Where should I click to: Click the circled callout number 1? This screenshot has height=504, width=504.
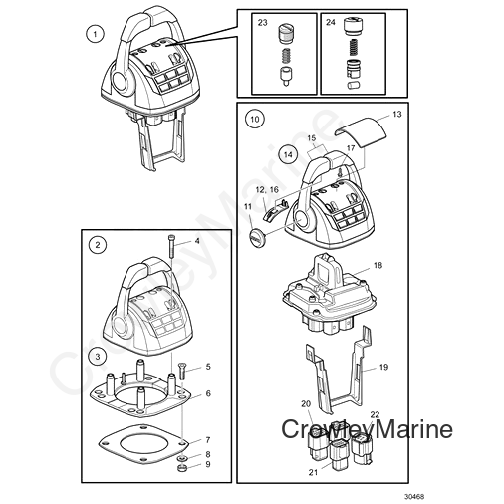(95, 34)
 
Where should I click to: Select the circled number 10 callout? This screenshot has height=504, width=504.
(254, 119)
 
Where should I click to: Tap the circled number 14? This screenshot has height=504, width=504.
(288, 154)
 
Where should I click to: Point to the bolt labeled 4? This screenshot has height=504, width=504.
(171, 246)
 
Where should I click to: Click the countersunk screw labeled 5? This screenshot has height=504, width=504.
(181, 371)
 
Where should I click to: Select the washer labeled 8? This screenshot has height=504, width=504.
(181, 458)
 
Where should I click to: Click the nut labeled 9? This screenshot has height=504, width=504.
(181, 468)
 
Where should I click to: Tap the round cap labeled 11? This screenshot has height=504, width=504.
(255, 237)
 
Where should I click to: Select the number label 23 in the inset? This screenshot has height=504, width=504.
(263, 22)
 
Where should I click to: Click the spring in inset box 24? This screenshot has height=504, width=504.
(353, 46)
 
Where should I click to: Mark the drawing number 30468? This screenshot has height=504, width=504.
(414, 497)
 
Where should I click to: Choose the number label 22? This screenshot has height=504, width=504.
(375, 414)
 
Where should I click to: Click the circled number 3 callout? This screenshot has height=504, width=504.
(98, 357)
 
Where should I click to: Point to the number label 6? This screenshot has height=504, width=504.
(208, 393)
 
